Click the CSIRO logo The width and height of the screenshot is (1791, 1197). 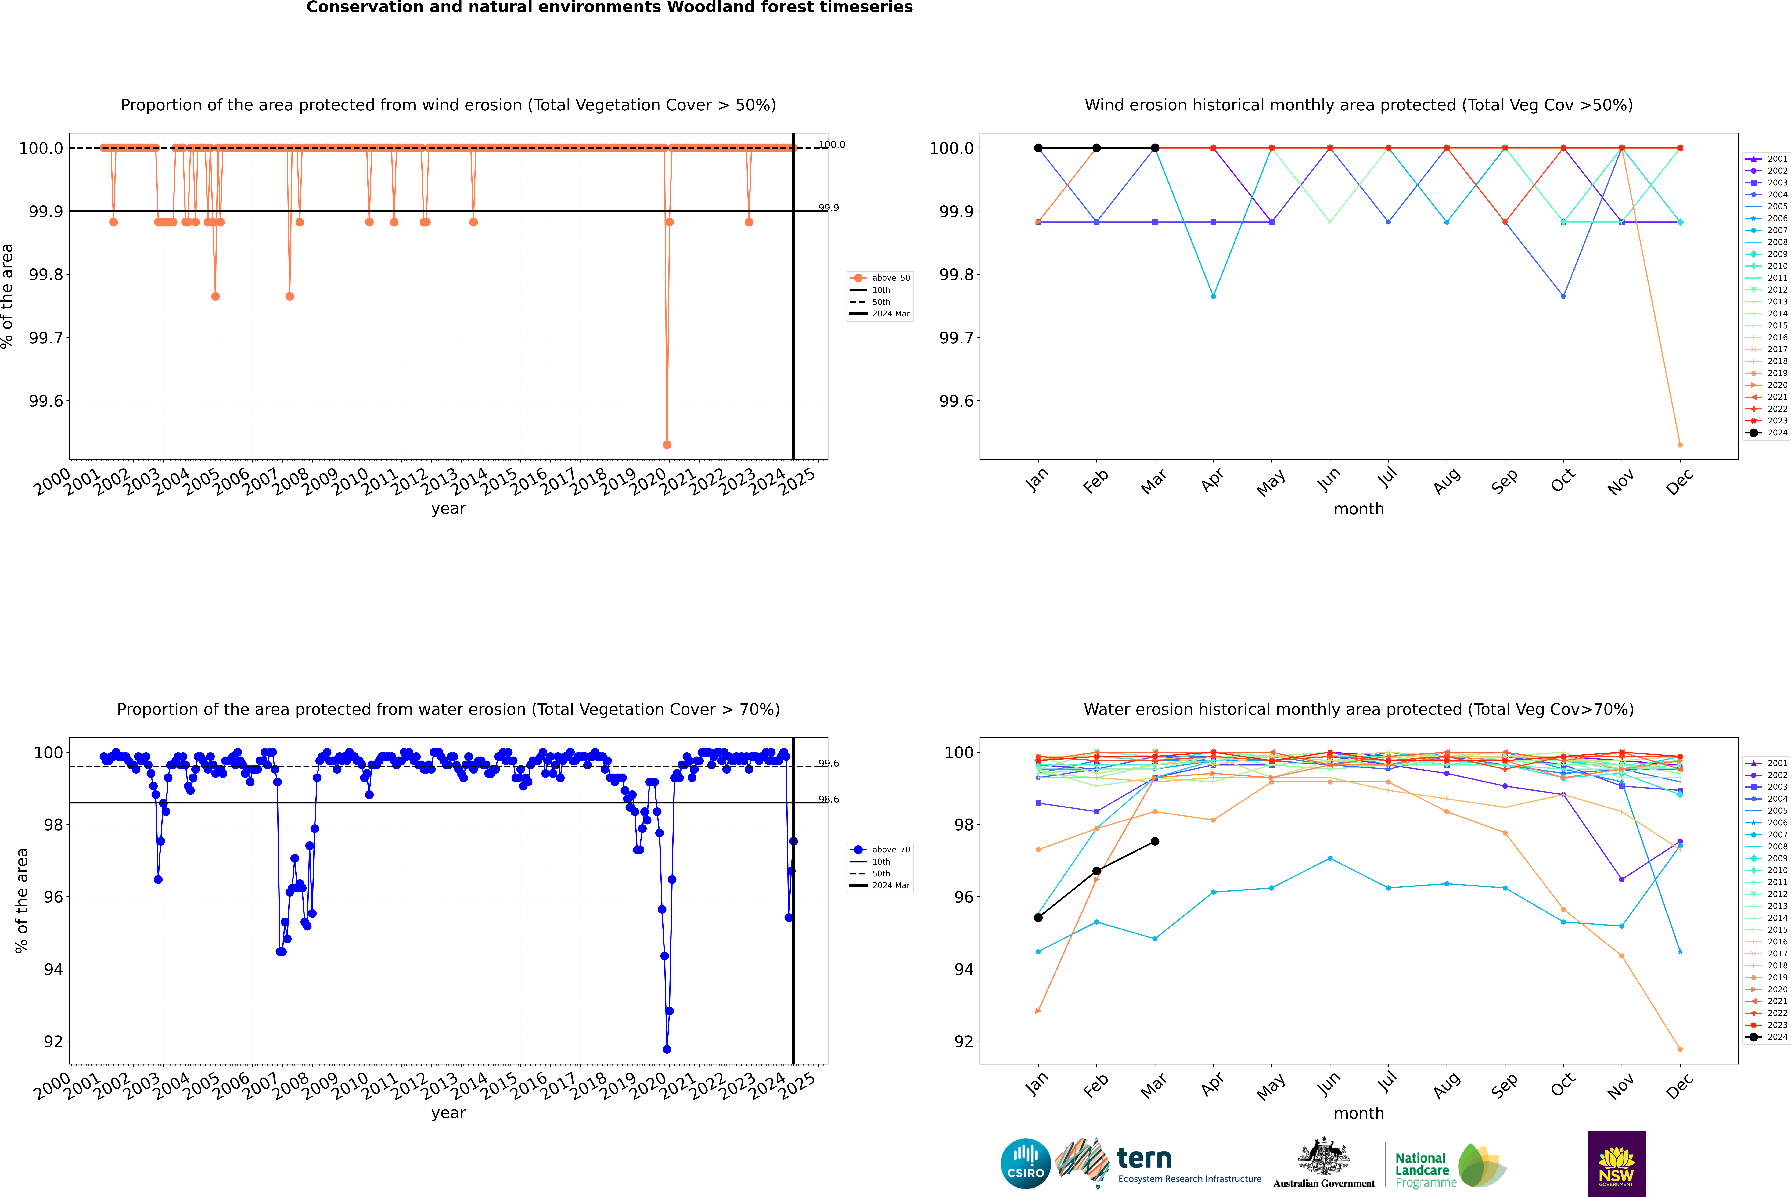coord(1025,1163)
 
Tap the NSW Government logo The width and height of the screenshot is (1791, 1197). coord(1616,1163)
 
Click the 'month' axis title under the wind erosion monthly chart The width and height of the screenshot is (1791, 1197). coord(1358,509)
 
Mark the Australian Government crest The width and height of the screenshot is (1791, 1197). coord(1323,1156)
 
